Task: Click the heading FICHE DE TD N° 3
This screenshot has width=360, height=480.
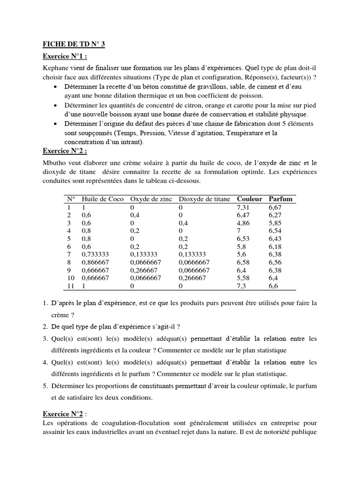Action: point(74,45)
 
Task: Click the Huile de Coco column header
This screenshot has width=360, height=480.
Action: point(103,199)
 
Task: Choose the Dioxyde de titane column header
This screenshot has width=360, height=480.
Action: point(205,199)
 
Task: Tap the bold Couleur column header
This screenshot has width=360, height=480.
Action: point(249,199)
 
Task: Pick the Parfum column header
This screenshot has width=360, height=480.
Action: point(281,199)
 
